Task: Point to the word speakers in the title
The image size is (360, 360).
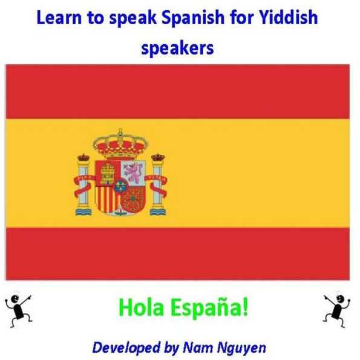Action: (x=177, y=48)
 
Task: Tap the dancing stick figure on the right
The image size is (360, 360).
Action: (x=335, y=307)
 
